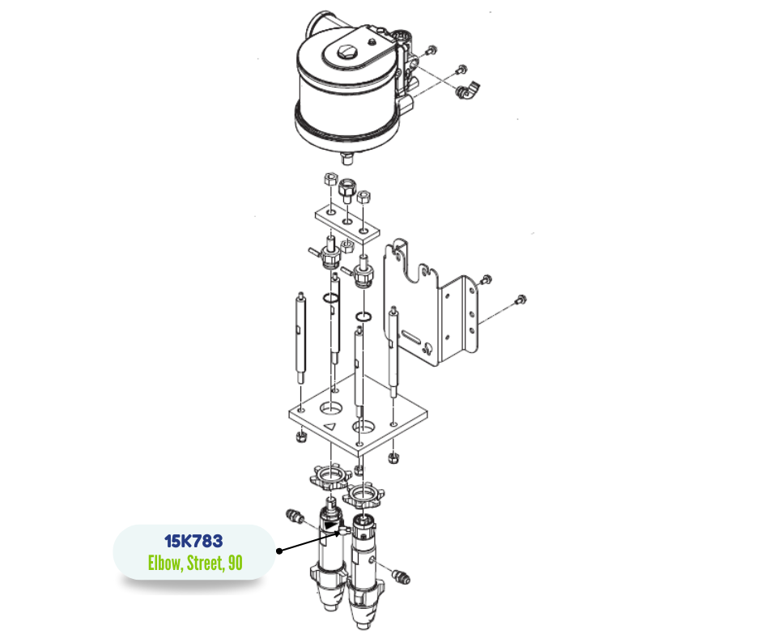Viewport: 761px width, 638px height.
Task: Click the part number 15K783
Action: pos(193,541)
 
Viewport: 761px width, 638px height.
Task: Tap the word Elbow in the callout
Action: pos(165,564)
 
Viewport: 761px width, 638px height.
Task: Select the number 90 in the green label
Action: pos(235,564)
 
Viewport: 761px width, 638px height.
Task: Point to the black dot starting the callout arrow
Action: pos(279,551)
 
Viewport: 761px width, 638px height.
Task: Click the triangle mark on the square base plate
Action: pos(330,427)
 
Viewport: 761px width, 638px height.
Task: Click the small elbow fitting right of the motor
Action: pos(468,91)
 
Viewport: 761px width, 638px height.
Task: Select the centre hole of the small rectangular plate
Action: pos(348,221)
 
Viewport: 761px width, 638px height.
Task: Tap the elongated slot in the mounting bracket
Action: pos(411,335)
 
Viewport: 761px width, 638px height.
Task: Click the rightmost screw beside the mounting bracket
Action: pos(521,300)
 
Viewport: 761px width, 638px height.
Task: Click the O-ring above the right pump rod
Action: pos(363,317)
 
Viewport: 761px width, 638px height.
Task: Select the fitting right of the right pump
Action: pos(401,576)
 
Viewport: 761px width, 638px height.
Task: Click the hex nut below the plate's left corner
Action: pos(300,436)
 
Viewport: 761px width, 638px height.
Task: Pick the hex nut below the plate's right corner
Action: pos(393,457)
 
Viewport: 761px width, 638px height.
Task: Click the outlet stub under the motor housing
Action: pos(347,157)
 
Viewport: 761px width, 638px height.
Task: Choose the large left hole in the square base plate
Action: pos(330,407)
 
